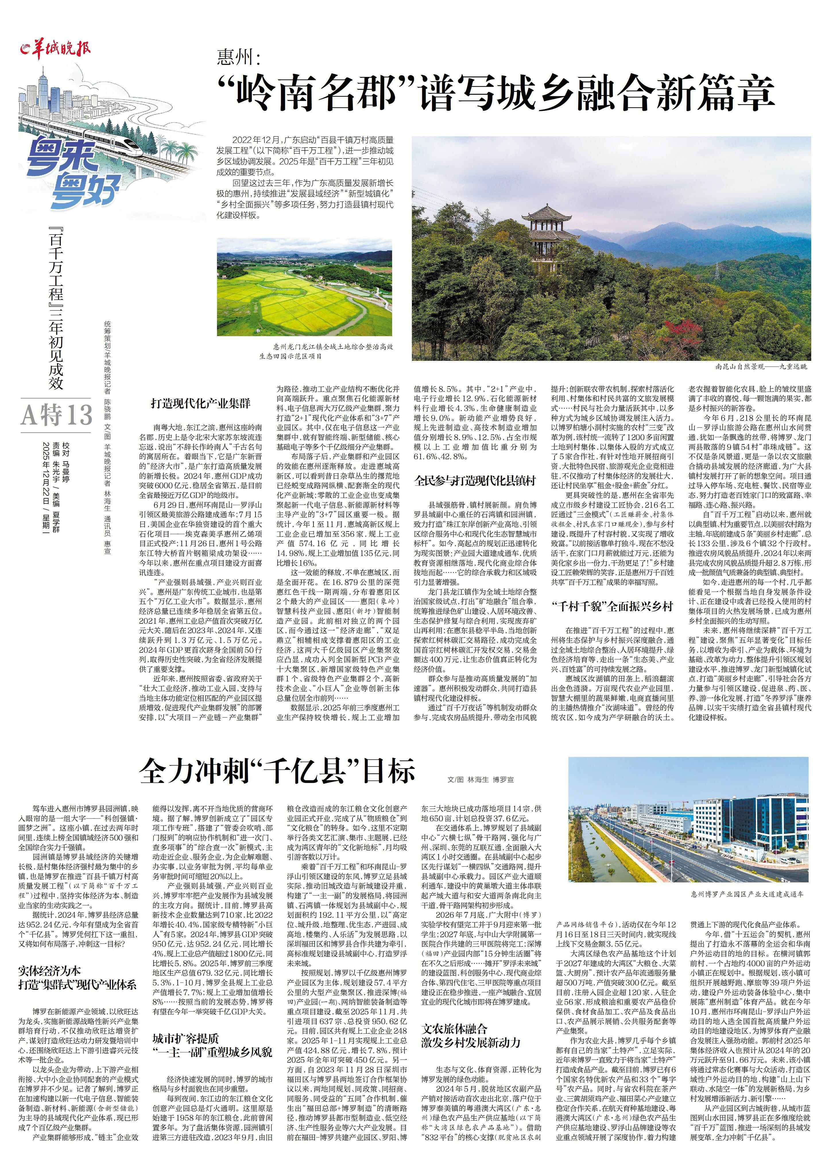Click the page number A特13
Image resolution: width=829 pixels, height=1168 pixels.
(56, 414)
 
